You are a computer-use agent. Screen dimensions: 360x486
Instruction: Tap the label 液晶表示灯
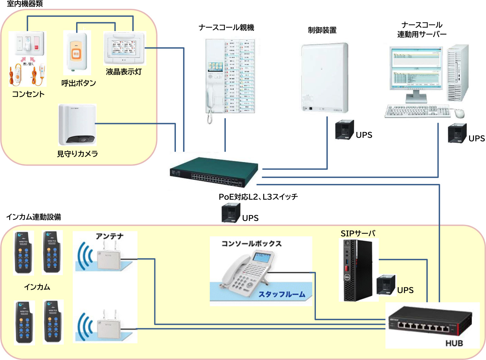pos(123,72)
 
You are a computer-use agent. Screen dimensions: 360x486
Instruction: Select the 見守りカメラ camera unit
pos(77,125)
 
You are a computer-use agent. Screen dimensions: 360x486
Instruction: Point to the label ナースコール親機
pos(226,28)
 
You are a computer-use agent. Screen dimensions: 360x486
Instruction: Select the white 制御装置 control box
pos(324,78)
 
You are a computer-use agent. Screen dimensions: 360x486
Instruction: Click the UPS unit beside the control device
pos(344,129)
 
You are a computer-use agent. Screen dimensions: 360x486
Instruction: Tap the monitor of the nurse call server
pos(416,68)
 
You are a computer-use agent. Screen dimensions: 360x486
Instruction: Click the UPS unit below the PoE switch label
pos(231,213)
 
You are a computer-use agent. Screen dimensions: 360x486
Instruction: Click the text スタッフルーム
pos(282,294)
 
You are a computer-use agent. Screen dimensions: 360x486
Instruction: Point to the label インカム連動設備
pos(34,217)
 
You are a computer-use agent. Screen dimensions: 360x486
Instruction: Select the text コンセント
pos(28,94)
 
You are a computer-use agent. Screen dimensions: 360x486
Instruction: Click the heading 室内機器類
pos(25,4)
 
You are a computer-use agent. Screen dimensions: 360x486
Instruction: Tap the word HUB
pos(454,343)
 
